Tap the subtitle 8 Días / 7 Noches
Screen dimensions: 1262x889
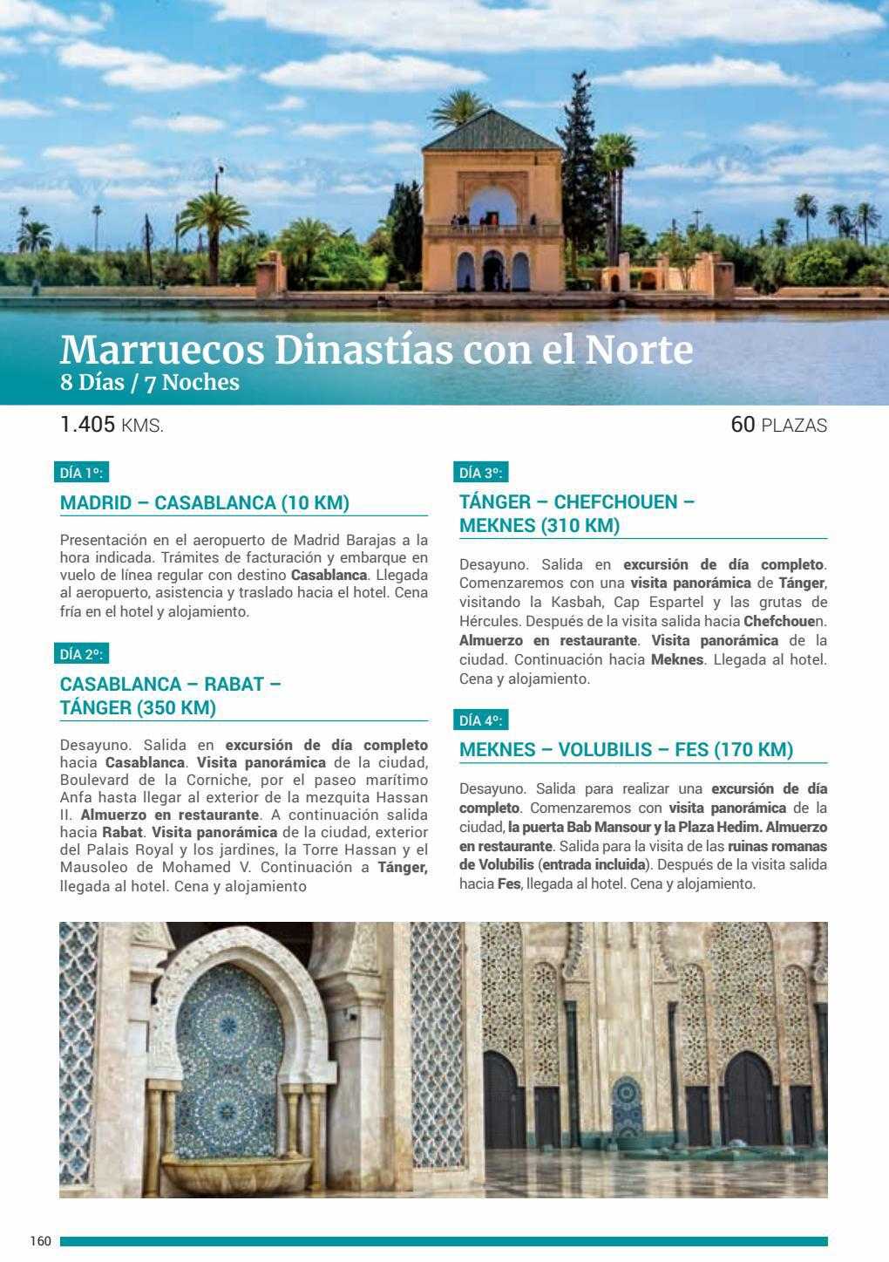tap(149, 383)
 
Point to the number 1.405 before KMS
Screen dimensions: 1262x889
tap(88, 425)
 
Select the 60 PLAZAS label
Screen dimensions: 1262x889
tap(779, 426)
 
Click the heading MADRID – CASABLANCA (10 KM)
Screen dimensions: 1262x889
tap(205, 502)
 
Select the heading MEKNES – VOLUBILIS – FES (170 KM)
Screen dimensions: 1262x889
tap(626, 750)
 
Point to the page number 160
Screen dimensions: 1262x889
tap(41, 1241)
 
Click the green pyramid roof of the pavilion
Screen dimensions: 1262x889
tap(492, 131)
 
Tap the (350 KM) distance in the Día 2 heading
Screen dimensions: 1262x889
tap(176, 708)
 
